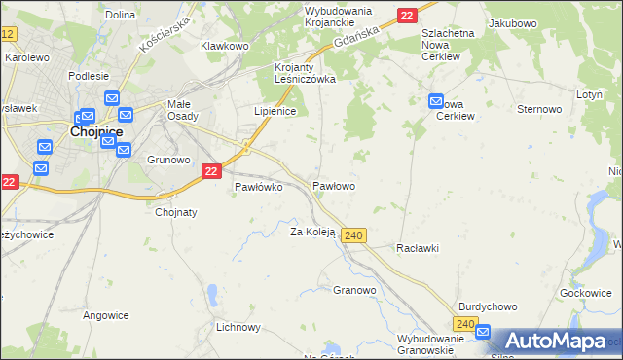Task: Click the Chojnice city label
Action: pyautogui.click(x=94, y=132)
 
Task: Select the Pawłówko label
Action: pyautogui.click(x=258, y=188)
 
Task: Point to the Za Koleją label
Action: pyautogui.click(x=312, y=232)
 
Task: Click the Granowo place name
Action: pyautogui.click(x=354, y=290)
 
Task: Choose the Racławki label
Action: pyautogui.click(x=418, y=248)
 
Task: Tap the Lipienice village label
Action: pyautogui.click(x=275, y=111)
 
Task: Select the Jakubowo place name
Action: pyautogui.click(x=514, y=21)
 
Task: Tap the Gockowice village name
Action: pyautogui.click(x=585, y=293)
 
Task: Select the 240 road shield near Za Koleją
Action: pyautogui.click(x=354, y=236)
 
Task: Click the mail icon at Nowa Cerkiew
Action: pyautogui.click(x=435, y=101)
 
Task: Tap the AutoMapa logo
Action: pyautogui.click(x=552, y=341)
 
